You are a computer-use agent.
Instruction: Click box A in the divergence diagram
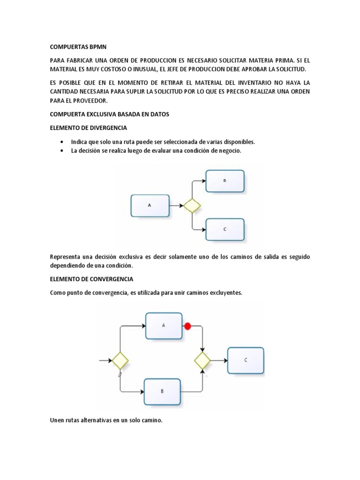point(150,205)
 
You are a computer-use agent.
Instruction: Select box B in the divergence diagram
point(225,181)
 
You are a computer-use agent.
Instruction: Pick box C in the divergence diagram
point(225,229)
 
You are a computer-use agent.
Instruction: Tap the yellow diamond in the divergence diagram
point(192,205)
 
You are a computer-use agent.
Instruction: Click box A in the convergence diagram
point(164,325)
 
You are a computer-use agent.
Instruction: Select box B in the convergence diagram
point(162,391)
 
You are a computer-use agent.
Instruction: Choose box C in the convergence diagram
point(246,360)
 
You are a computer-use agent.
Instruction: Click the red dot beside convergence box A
point(188,326)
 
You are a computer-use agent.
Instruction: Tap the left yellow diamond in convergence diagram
point(120,360)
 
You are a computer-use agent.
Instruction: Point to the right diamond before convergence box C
point(203,360)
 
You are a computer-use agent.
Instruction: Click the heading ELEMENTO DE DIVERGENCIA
point(88,127)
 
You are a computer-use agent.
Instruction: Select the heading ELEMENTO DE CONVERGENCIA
point(91,279)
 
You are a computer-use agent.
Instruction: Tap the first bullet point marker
point(62,142)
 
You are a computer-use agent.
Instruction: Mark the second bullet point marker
point(62,150)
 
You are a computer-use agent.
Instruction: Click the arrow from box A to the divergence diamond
point(176,205)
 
